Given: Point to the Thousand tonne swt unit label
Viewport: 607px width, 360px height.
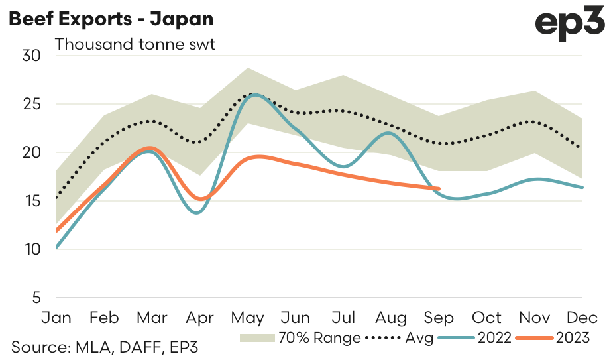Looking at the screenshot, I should click(x=135, y=45).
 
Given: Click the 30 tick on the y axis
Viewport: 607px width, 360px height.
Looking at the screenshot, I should click(x=32, y=56).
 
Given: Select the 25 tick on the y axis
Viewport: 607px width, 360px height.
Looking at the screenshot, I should click(x=32, y=104).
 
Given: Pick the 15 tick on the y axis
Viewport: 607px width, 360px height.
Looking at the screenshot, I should click(x=32, y=201).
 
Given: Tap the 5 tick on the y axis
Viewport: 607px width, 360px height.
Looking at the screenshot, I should click(x=36, y=298).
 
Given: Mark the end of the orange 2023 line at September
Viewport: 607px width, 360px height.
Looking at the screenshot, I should click(x=439, y=189).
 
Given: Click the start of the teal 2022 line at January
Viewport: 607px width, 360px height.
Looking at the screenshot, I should click(x=57, y=247).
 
